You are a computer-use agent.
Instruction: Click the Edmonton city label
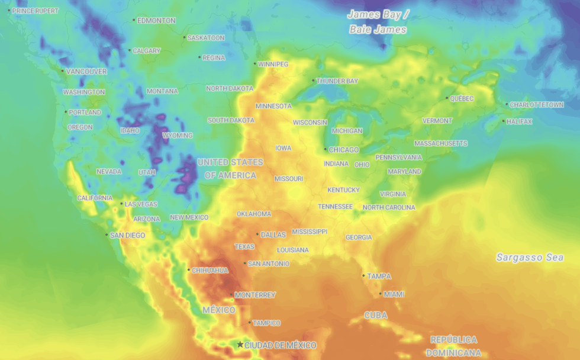(x=156, y=21)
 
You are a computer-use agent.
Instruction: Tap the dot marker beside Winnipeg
(x=255, y=64)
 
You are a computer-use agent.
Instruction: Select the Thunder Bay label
(x=337, y=81)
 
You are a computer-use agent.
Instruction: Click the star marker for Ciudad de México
(x=240, y=345)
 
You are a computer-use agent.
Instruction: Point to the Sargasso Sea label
(x=530, y=258)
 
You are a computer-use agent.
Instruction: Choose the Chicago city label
(x=344, y=150)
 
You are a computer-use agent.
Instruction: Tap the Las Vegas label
(x=141, y=204)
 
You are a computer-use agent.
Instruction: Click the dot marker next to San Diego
(x=107, y=235)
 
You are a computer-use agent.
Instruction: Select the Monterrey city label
(x=255, y=295)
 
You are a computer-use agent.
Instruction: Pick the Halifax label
(x=520, y=122)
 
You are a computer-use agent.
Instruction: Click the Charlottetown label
(x=537, y=105)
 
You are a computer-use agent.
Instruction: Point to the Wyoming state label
(x=178, y=136)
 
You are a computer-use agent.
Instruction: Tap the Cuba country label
(x=375, y=315)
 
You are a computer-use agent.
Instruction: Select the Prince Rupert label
(x=36, y=11)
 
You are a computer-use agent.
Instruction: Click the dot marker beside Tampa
(x=363, y=275)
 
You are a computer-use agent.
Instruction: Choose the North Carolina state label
(x=389, y=208)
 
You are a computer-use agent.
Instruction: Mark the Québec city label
(x=462, y=98)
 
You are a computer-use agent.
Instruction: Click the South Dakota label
(x=231, y=120)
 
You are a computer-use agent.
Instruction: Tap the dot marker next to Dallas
(x=257, y=234)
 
